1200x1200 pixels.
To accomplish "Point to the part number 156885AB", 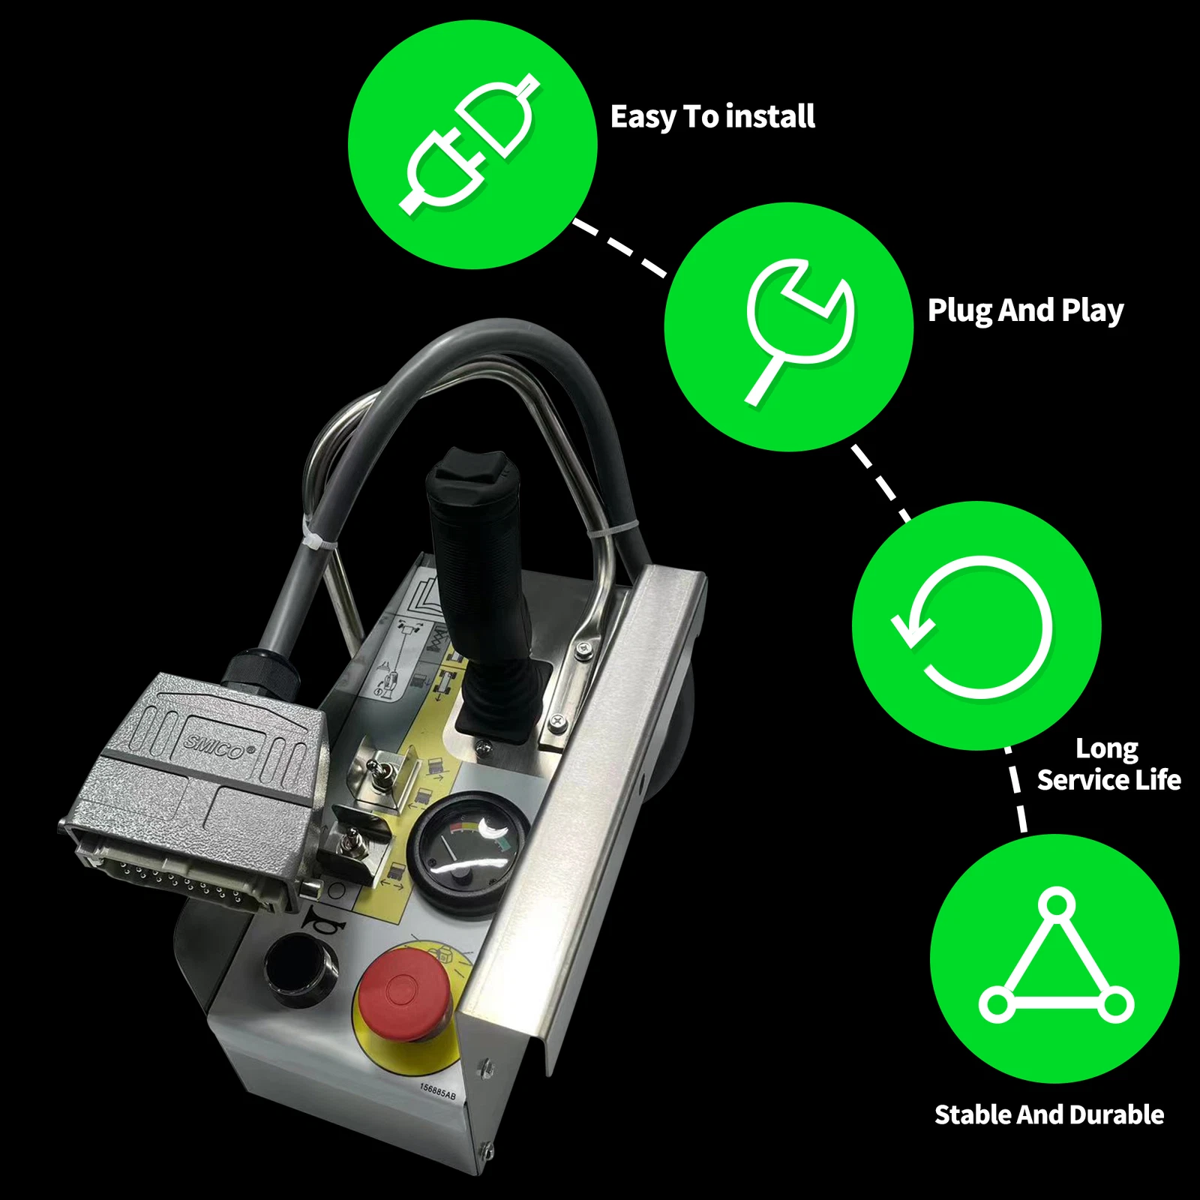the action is (437, 1091).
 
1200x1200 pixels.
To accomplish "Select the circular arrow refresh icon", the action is (976, 625).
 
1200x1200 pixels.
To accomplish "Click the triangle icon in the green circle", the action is (1055, 959).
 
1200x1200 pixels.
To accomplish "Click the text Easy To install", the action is (712, 117).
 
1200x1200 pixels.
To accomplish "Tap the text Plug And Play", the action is (1025, 310).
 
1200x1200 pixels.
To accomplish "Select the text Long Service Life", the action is (1108, 764).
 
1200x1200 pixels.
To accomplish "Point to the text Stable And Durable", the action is (1048, 1114).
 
